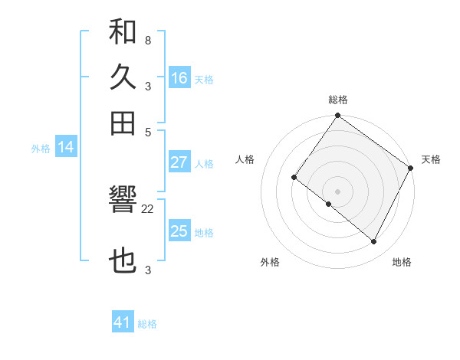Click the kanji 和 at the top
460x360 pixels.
(123, 33)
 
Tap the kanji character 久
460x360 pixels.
(123, 77)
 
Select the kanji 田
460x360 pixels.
(123, 123)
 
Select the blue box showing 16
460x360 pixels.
(179, 78)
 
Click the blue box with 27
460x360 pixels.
(179, 162)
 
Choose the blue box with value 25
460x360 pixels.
(179, 231)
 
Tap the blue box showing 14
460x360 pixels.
(65, 148)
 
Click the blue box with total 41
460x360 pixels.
(123, 322)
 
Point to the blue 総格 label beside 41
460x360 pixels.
(147, 324)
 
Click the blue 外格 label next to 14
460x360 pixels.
(41, 149)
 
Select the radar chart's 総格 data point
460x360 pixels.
(337, 116)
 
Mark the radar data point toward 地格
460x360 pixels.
(374, 242)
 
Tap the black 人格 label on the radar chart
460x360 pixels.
(245, 159)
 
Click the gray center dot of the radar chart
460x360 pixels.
(337, 191)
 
